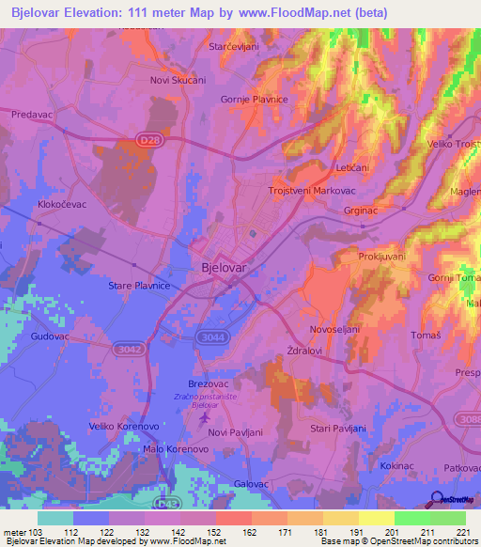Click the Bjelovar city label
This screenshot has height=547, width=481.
[225, 268]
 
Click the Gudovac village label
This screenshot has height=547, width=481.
[52, 335]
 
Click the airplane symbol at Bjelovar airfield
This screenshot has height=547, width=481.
[206, 416]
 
